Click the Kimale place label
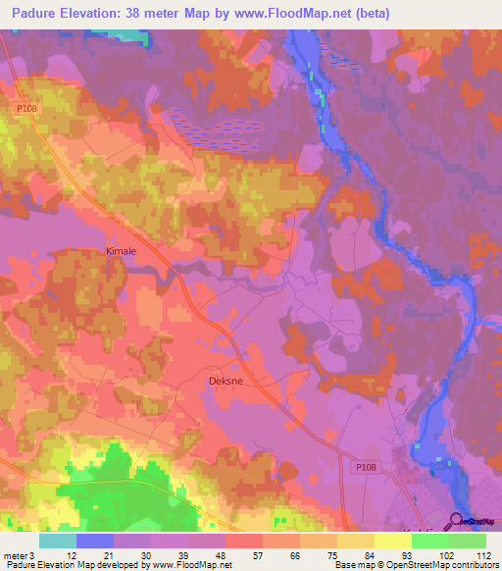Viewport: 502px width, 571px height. tap(121, 251)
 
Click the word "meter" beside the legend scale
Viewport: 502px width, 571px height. tap(15, 555)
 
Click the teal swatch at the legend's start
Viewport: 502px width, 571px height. tap(58, 541)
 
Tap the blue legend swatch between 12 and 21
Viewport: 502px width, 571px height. tap(95, 541)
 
